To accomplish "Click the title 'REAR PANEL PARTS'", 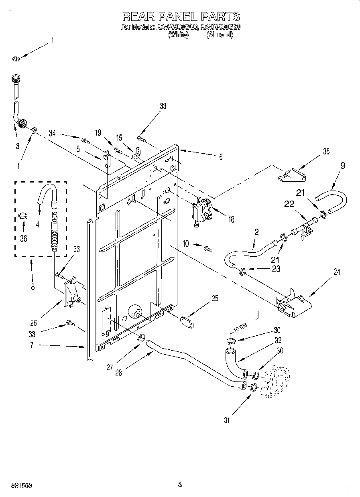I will point(180,16).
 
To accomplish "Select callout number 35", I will point(326,151).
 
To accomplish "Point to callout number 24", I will point(336,272).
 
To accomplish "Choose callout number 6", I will point(220,158).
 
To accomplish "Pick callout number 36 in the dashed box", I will point(24,238).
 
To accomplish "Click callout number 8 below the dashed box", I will point(33,287).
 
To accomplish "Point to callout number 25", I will point(215,299).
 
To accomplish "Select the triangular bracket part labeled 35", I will point(291,174).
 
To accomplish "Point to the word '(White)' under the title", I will point(178,35).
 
